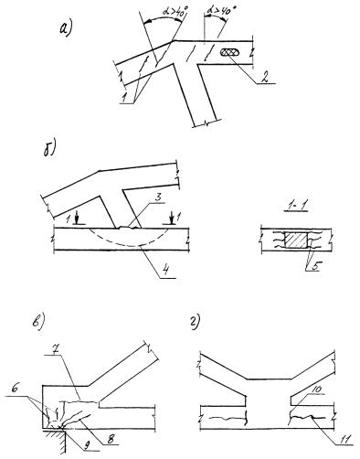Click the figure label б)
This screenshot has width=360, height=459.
click(x=50, y=150)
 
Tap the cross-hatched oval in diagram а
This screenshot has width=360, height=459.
click(x=229, y=53)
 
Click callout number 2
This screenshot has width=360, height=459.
click(x=264, y=77)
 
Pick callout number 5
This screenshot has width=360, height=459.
click(x=314, y=266)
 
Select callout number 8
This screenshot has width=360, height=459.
click(x=111, y=439)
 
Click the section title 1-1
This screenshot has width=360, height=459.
click(x=295, y=207)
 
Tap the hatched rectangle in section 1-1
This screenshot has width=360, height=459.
click(x=295, y=240)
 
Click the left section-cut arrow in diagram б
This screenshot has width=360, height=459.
click(x=77, y=219)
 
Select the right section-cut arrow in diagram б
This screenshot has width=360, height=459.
click(x=173, y=219)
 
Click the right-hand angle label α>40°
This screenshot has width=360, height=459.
click(x=222, y=12)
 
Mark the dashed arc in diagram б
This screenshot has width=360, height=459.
click(x=129, y=245)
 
